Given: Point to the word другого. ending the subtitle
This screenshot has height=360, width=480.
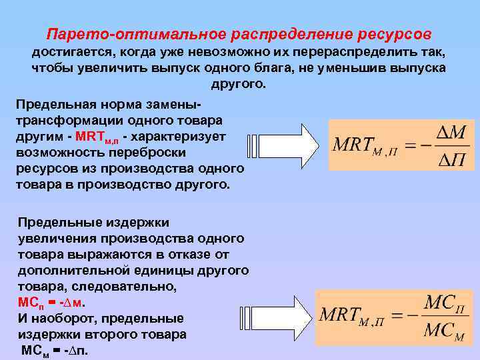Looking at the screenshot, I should coord(238,85).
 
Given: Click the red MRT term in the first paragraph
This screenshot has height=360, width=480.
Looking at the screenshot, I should coord(98,137).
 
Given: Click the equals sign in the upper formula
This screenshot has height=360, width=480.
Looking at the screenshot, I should coord(411,146).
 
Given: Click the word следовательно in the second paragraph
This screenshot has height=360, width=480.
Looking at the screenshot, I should coord(139,286).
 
